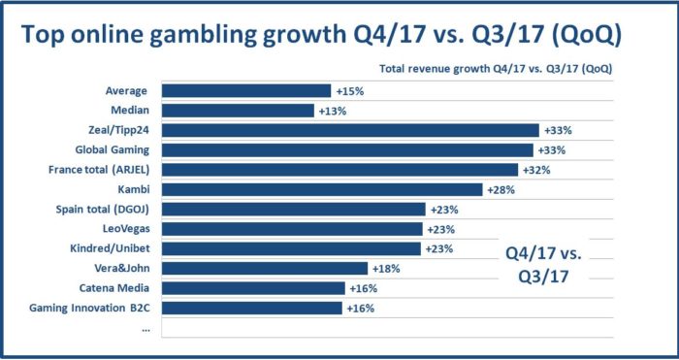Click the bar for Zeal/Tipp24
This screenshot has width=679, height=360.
coord(349,130)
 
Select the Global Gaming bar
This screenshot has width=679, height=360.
coord(346,149)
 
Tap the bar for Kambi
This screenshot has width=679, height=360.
coord(321,189)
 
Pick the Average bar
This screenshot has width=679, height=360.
coord(245,90)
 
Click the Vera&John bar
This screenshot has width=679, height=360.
coord(264,268)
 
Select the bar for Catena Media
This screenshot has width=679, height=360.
coord(253,288)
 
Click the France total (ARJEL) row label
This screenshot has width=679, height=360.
coord(102,170)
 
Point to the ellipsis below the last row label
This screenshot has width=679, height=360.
coord(145,328)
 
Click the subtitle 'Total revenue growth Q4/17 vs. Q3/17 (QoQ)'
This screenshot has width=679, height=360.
coord(494,68)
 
